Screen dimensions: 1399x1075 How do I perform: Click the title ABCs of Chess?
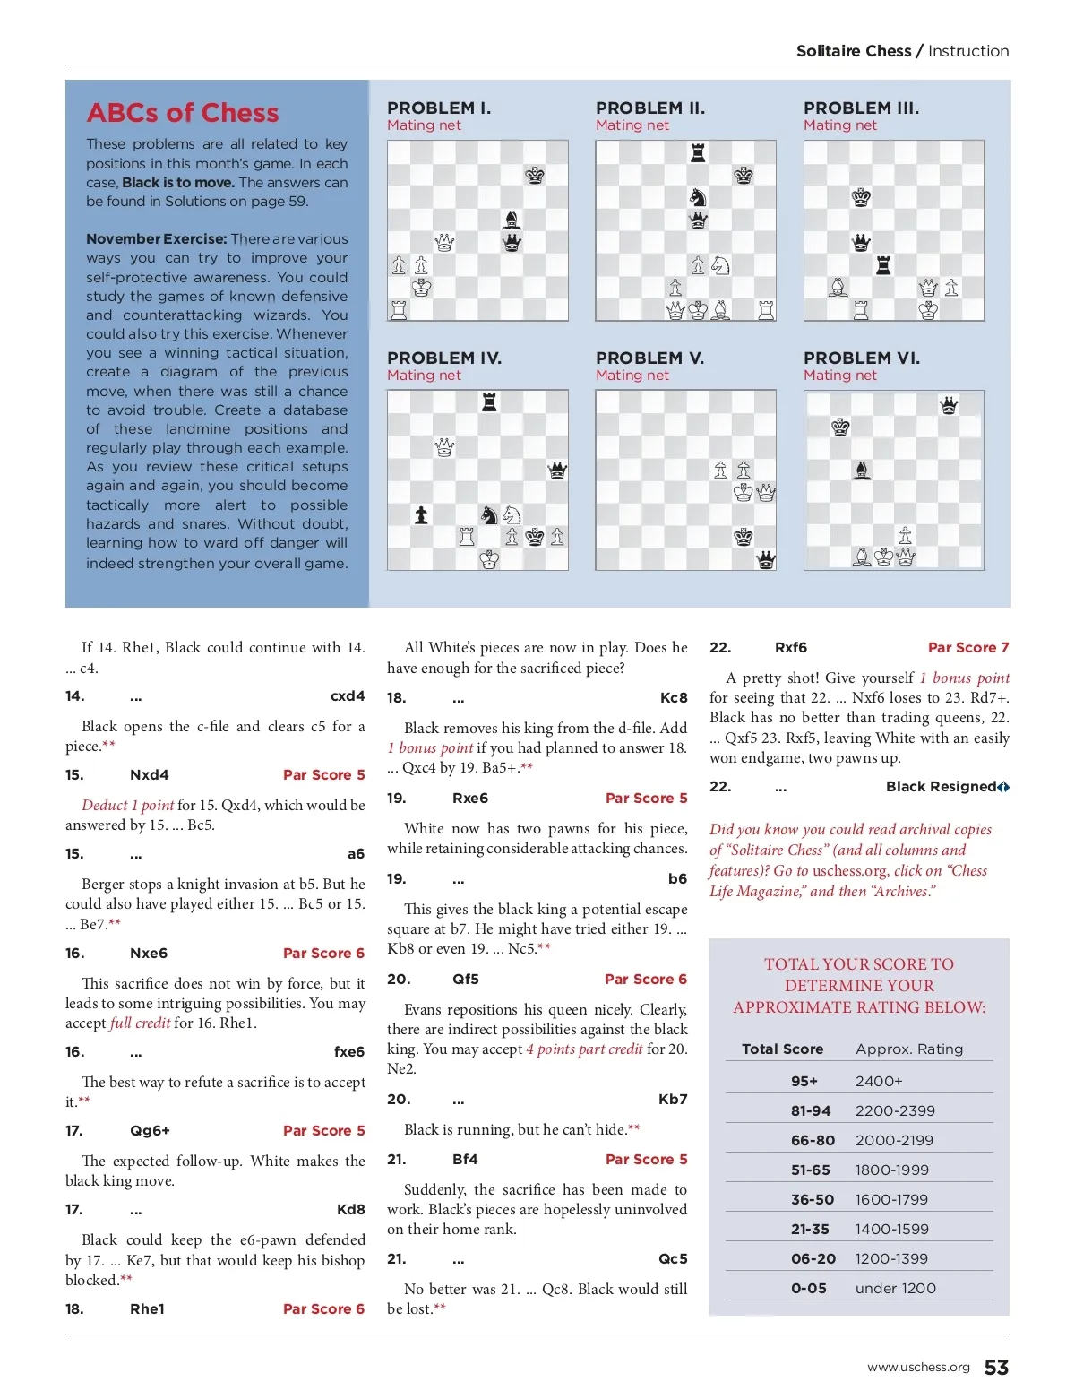[x=183, y=113]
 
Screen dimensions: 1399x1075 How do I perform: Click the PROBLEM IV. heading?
[x=444, y=358]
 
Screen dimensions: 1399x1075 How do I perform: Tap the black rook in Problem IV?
[x=489, y=402]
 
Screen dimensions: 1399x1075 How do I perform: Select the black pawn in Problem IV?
[x=421, y=515]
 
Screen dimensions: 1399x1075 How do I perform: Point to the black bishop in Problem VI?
[x=862, y=470]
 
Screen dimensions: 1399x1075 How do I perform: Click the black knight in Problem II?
[x=698, y=197]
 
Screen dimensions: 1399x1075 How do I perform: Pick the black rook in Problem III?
[x=883, y=265]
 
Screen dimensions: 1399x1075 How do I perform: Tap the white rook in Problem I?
[x=399, y=310]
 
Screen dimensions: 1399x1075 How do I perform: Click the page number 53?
[x=996, y=1367]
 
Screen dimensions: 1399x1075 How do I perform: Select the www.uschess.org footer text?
[x=918, y=1367]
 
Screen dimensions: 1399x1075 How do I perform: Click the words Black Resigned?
[x=941, y=787]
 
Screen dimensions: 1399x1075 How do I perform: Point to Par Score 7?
[x=967, y=648]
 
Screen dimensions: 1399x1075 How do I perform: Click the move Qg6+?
[x=150, y=1131]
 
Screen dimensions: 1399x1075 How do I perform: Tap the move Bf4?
[x=465, y=1160]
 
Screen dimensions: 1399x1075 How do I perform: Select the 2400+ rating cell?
[x=879, y=1082]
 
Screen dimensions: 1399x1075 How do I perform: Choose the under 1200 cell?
[x=895, y=1289]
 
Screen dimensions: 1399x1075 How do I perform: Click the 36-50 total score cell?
[x=812, y=1200]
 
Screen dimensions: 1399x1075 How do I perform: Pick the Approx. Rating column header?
[x=909, y=1049]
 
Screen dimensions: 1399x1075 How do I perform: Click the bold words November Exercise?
[x=156, y=239]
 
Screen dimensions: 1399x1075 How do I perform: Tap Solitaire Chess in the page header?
[x=853, y=51]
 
